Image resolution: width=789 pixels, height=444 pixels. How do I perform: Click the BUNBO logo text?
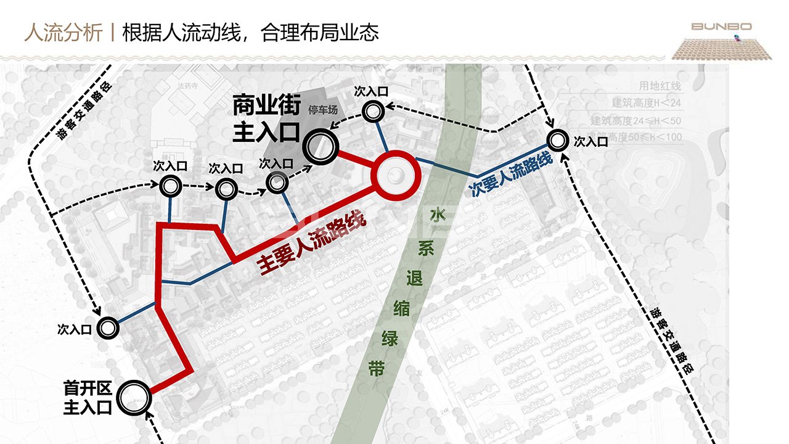click(x=721, y=27)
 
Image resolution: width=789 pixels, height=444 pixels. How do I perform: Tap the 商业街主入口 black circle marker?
click(x=321, y=146)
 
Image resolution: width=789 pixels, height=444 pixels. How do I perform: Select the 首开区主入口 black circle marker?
click(x=133, y=398)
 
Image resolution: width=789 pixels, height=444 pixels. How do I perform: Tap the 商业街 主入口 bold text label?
click(x=266, y=120)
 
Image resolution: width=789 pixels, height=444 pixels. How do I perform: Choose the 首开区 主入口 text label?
click(x=88, y=398)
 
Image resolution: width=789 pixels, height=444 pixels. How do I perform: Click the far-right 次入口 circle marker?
click(x=558, y=141)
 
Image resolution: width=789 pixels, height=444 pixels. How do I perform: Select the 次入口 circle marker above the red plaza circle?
click(x=372, y=112)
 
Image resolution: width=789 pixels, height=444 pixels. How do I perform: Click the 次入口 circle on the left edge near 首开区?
click(x=108, y=329)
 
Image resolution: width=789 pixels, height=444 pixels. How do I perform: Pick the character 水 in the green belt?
click(x=438, y=216)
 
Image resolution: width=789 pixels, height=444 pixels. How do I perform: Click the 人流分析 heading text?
click(x=63, y=32)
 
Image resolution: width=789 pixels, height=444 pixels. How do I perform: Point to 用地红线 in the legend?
click(x=660, y=86)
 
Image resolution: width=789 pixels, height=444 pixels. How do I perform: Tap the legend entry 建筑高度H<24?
click(x=647, y=103)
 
